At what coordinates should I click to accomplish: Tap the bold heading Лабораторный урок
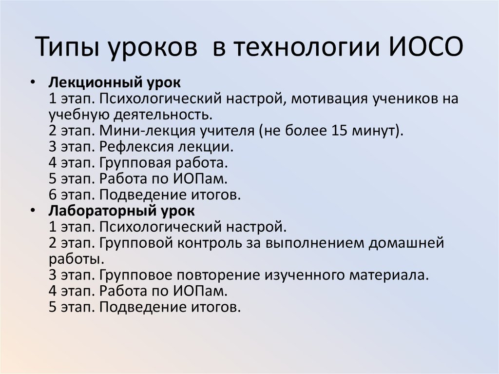(121, 211)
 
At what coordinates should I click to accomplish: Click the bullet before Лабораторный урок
(32, 212)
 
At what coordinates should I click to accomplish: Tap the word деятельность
(164, 116)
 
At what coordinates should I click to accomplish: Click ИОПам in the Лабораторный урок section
(199, 291)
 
